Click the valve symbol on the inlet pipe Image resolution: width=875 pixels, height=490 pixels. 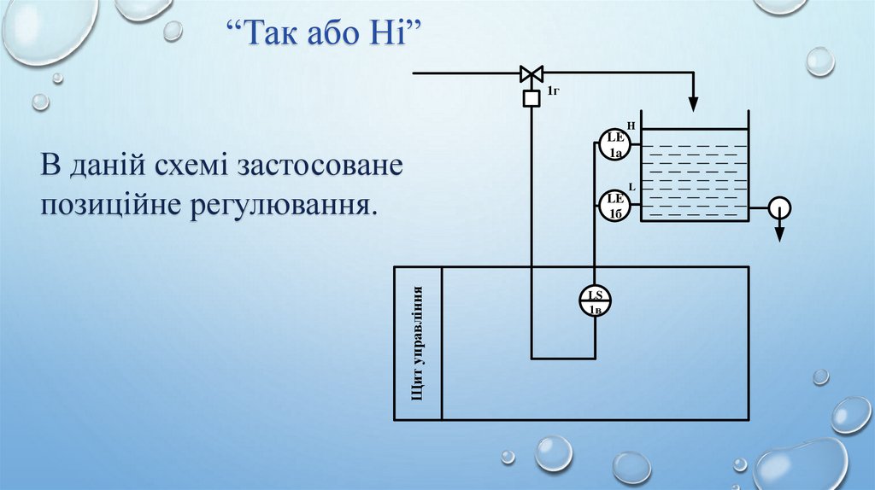pyautogui.click(x=531, y=73)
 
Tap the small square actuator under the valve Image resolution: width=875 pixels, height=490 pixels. pyautogui.click(x=531, y=99)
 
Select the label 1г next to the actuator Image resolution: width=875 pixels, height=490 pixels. pyautogui.click(x=553, y=90)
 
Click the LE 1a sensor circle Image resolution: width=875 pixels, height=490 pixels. pyautogui.click(x=615, y=144)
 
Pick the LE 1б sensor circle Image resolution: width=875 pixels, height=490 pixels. pyautogui.click(x=615, y=205)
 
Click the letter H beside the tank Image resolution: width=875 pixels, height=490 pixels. pyautogui.click(x=631, y=125)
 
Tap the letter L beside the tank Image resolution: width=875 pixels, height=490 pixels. pyautogui.click(x=631, y=186)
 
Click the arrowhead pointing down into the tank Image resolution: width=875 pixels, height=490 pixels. pyautogui.click(x=693, y=104)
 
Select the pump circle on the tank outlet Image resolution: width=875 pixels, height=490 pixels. pyautogui.click(x=779, y=207)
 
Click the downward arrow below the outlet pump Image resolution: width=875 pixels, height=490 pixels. pyautogui.click(x=779, y=233)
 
